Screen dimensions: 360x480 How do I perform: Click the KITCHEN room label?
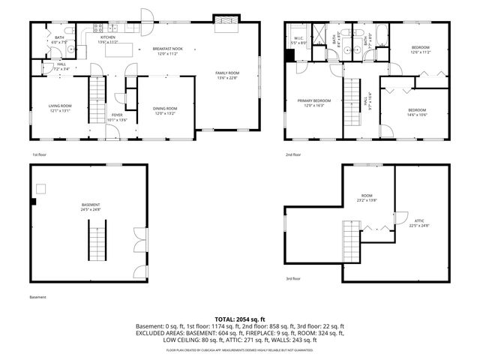108,37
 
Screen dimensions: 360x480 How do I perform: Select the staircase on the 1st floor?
96,93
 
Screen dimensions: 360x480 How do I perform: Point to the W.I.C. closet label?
298,38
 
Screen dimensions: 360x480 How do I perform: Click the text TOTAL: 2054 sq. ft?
239,319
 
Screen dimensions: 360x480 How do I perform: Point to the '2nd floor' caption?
292,154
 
